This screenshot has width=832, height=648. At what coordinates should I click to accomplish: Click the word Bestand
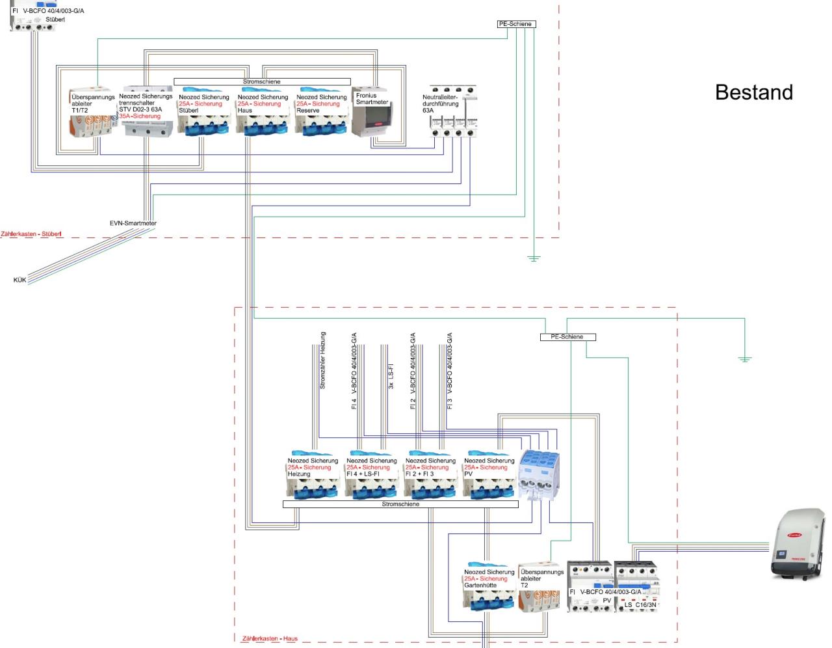pos(753,92)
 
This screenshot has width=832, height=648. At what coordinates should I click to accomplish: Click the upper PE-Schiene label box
pos(516,24)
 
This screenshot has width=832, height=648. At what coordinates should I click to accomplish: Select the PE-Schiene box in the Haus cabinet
pos(567,337)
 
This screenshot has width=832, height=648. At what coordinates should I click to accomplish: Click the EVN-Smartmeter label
pos(133,223)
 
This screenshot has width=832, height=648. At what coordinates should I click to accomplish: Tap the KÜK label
pos(19,280)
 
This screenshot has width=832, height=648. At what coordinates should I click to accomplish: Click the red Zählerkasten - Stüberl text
pos(31,234)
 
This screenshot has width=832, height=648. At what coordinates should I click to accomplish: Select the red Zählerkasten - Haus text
pos(270,639)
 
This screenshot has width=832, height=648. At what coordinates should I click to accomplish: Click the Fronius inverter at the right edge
pos(798,544)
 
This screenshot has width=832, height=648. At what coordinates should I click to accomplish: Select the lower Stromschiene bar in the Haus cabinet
pos(400,504)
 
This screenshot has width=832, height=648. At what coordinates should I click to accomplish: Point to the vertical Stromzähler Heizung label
pos(322,360)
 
